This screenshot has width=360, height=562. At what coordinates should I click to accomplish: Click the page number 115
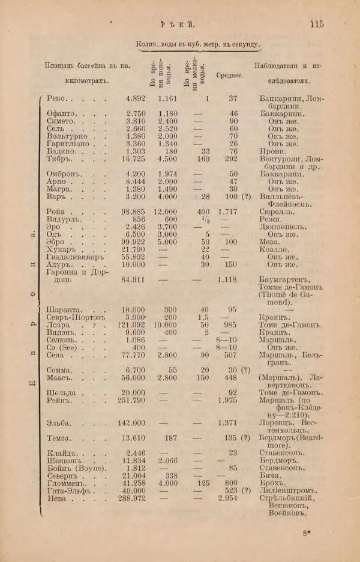pos(316,24)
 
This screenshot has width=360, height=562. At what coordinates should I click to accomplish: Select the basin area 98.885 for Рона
pos(134,212)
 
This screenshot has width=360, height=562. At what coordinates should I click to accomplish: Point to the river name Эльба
pos(59,423)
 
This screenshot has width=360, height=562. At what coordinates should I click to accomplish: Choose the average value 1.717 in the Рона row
pos(228,212)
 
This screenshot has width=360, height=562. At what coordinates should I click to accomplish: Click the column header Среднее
pos(229,75)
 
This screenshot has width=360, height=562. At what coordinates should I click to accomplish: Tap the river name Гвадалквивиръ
pos(76,256)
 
